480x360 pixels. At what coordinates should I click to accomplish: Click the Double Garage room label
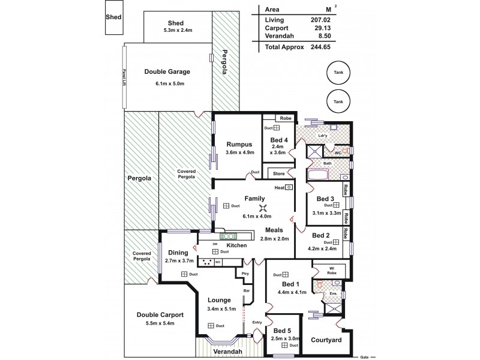click(x=167, y=71)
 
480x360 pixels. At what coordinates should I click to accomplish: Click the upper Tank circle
click(x=339, y=73)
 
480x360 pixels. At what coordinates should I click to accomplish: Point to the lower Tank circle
click(x=339, y=101)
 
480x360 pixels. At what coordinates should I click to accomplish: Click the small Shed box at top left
click(x=113, y=17)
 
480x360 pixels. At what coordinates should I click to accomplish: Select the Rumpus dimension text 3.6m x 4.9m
click(x=240, y=152)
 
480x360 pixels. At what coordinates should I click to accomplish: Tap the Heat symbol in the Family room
click(x=279, y=188)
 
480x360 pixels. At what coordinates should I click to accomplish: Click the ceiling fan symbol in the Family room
click(x=262, y=208)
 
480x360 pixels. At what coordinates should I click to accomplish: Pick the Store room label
click(x=278, y=175)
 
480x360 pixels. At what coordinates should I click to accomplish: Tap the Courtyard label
click(x=326, y=340)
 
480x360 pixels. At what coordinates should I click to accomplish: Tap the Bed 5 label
click(x=283, y=330)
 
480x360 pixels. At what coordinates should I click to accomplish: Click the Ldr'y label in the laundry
click(x=322, y=136)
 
